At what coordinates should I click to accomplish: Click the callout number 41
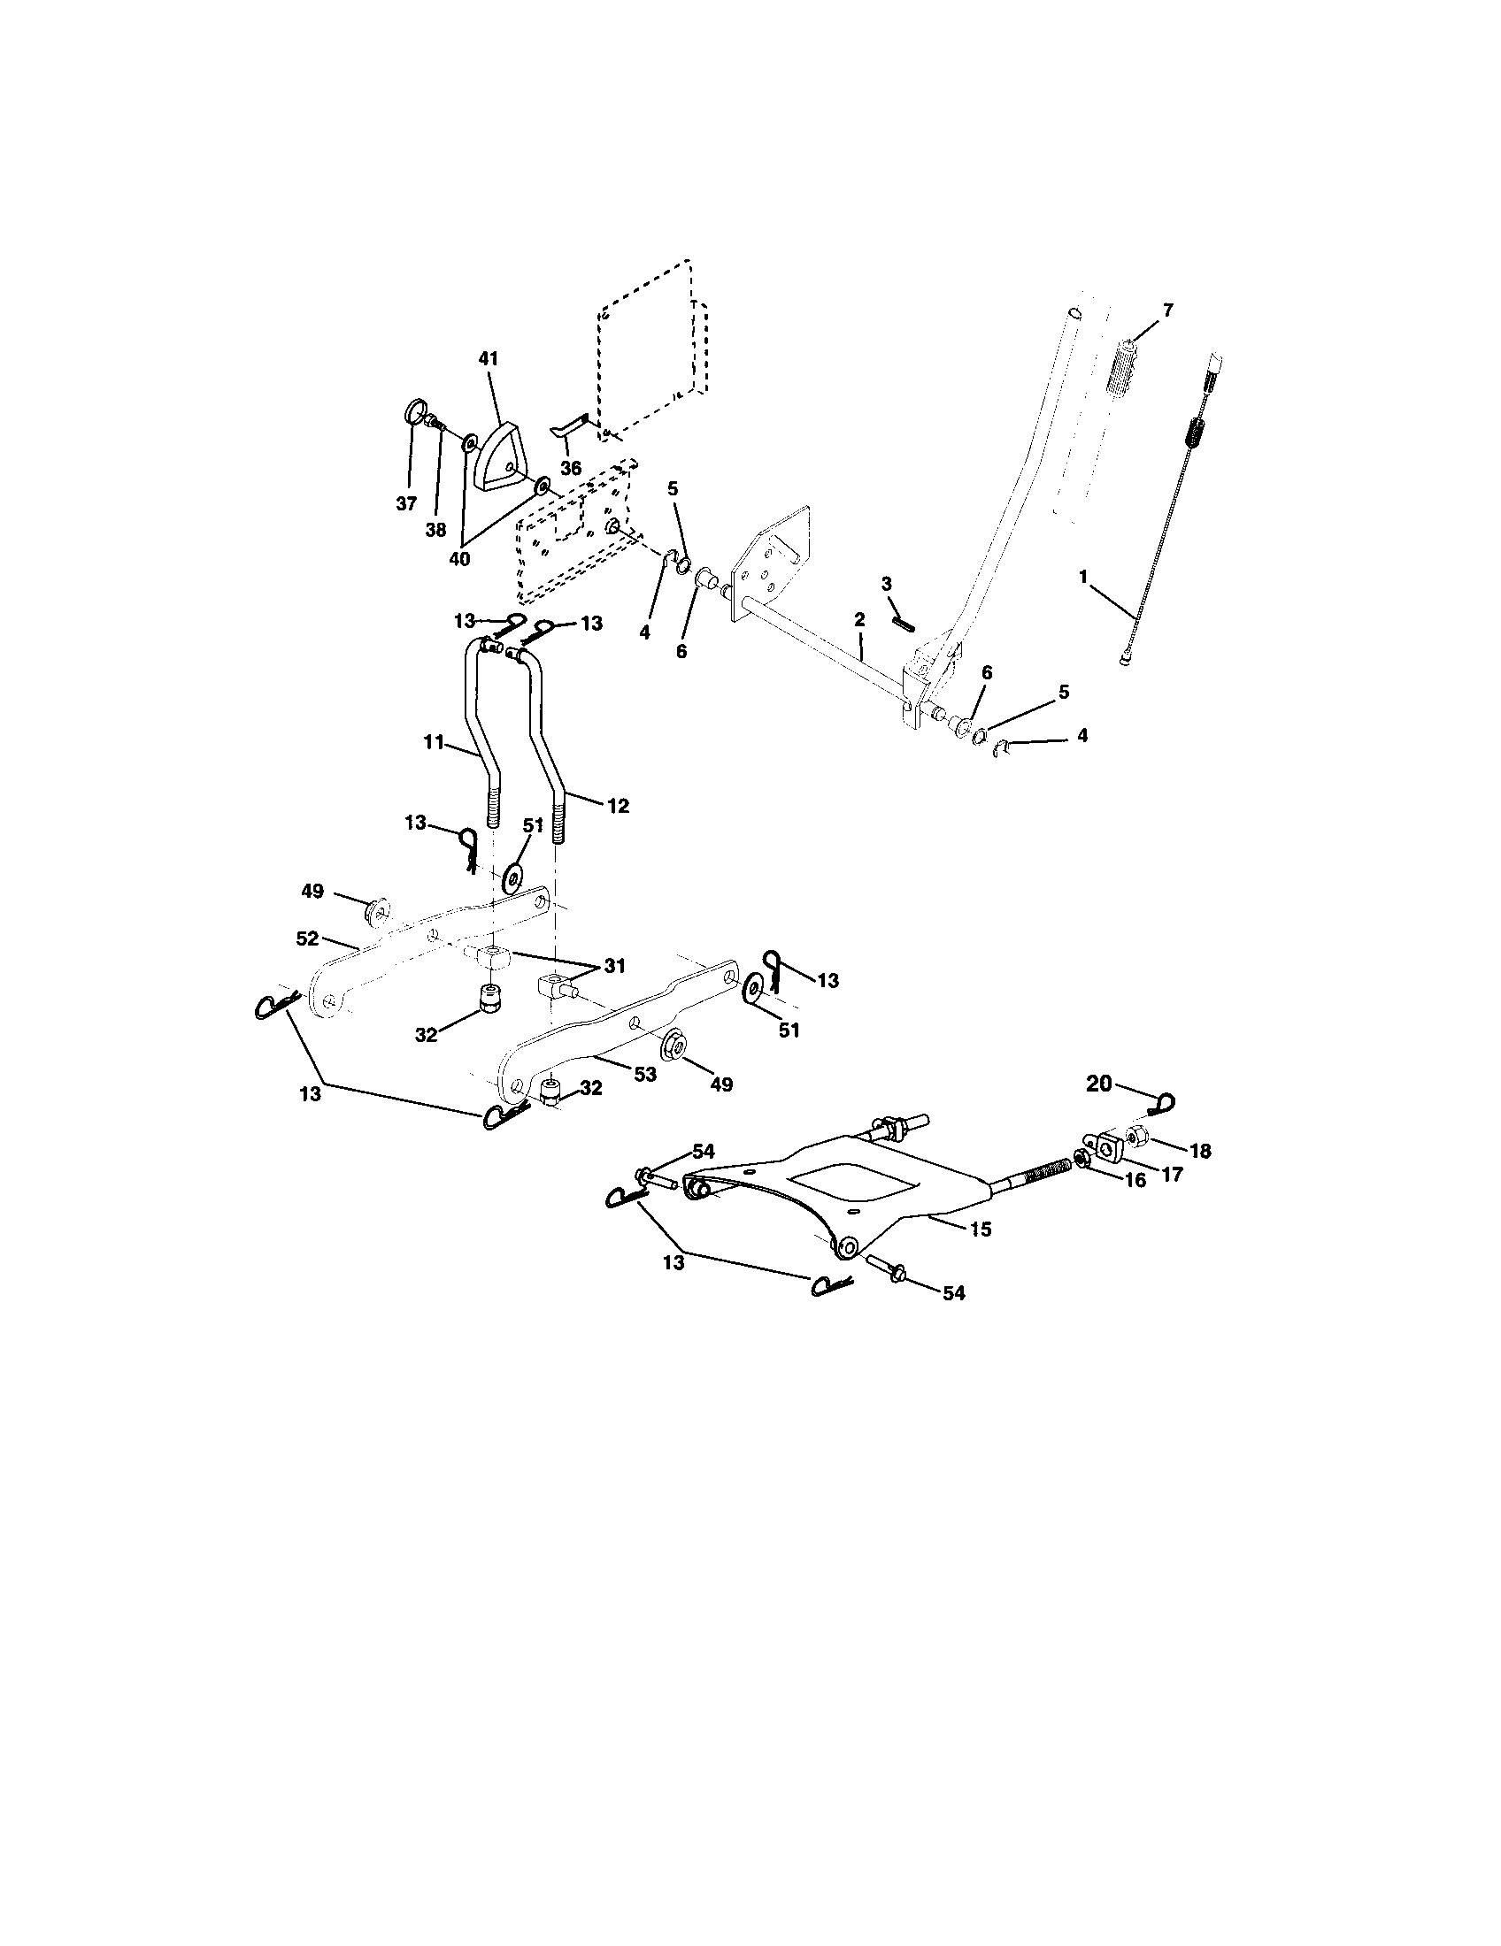pyautogui.click(x=488, y=358)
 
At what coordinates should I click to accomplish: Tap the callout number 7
pyautogui.click(x=1167, y=310)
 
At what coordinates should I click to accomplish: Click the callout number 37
pyautogui.click(x=406, y=503)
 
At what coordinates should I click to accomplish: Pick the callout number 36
pyautogui.click(x=571, y=468)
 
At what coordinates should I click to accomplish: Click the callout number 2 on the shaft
pyautogui.click(x=859, y=618)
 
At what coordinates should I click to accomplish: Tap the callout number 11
pyautogui.click(x=433, y=742)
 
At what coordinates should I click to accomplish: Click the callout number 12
pyautogui.click(x=617, y=806)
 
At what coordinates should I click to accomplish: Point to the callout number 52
pyautogui.click(x=307, y=939)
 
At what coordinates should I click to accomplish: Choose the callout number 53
pyautogui.click(x=644, y=1075)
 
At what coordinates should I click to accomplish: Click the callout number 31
pyautogui.click(x=614, y=965)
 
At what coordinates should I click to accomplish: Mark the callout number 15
pyautogui.click(x=981, y=1229)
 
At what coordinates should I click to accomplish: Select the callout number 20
pyautogui.click(x=1099, y=1084)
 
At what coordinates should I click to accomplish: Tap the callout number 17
pyautogui.click(x=1171, y=1176)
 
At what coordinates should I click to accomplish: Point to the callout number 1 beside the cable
pyautogui.click(x=1083, y=577)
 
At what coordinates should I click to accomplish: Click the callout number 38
pyautogui.click(x=435, y=529)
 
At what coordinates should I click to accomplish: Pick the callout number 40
pyautogui.click(x=459, y=559)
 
